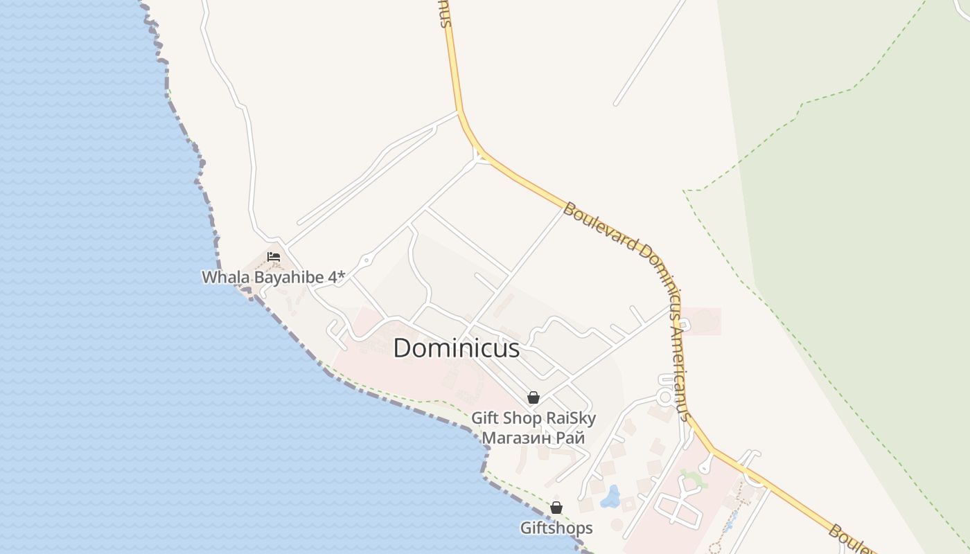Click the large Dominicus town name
coord(457,348)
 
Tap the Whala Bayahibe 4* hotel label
coord(273,277)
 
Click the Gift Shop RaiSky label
coord(533,418)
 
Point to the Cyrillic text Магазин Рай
coord(533,438)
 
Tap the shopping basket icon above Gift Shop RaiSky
coord(533,397)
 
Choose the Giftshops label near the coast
coord(556,528)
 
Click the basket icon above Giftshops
coord(556,508)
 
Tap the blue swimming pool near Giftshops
coord(610,497)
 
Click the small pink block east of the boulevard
coord(703,321)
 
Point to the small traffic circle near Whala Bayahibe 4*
coord(365,261)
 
